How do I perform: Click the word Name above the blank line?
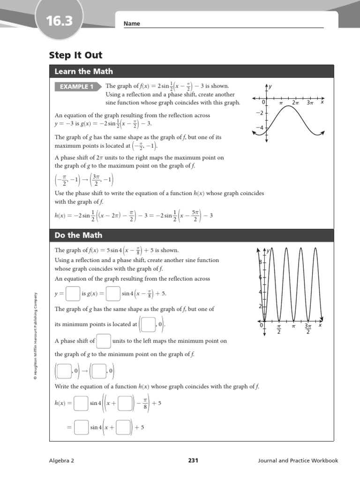(x=132, y=23)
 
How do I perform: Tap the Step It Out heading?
(x=75, y=55)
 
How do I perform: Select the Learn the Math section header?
(x=83, y=71)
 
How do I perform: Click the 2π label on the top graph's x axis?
(x=295, y=102)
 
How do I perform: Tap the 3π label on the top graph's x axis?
(x=309, y=102)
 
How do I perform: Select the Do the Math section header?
(x=78, y=235)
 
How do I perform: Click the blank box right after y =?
(x=73, y=294)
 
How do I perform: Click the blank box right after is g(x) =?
(x=113, y=294)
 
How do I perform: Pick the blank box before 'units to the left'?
(x=104, y=341)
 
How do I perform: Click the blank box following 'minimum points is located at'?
(x=148, y=324)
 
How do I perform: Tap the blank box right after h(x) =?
(x=81, y=403)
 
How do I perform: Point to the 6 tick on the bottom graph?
(x=260, y=277)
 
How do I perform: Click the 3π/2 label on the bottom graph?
(x=308, y=329)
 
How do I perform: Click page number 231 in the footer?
(x=193, y=460)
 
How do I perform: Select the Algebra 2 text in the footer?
(x=61, y=460)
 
